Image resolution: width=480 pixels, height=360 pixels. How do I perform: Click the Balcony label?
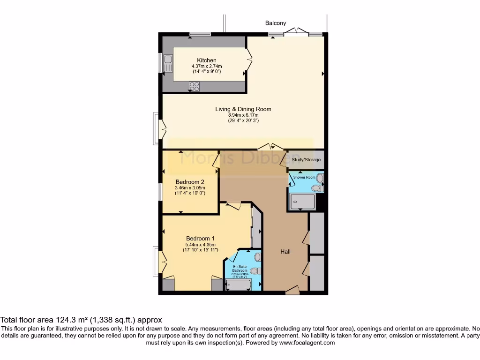275,23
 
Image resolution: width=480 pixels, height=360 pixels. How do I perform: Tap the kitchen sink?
167,62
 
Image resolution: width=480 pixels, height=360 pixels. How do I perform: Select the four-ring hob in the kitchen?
195,86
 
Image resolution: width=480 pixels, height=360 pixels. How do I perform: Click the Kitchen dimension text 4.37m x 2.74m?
207,66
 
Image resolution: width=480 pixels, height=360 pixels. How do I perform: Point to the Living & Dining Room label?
243,109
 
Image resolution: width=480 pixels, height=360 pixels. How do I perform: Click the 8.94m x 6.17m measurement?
243,115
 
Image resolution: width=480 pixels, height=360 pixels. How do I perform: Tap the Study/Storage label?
306,160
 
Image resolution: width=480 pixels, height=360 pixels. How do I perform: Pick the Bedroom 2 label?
190,182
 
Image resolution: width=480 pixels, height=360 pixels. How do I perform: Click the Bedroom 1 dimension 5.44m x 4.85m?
202,244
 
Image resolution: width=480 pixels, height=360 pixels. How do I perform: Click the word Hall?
285,252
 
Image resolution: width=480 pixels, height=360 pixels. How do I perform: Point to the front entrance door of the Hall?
292,291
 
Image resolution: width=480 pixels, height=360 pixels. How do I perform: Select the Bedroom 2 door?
215,162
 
